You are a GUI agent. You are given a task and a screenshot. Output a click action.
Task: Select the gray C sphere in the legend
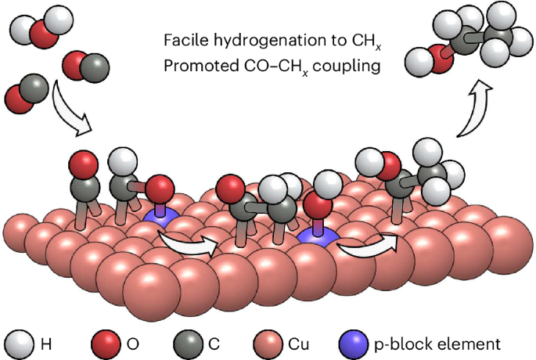point(185,343)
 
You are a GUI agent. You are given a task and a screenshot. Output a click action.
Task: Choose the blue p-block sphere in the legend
point(352,343)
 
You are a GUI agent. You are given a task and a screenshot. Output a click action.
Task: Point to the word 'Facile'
point(182,40)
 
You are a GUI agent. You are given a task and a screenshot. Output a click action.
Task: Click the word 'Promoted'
point(196,66)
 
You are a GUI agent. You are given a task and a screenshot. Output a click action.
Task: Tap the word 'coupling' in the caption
point(351,66)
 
